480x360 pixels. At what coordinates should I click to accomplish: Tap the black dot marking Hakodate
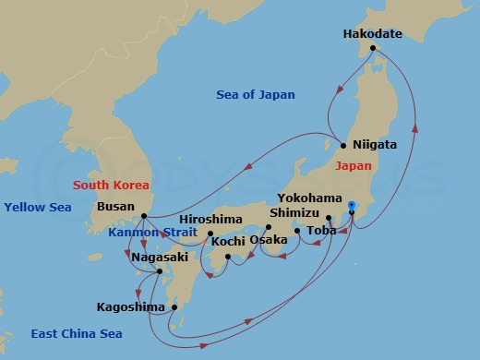coord(373,49)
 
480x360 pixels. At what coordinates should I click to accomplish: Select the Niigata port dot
coord(342,145)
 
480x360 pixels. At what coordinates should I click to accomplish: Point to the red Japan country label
coord(354,166)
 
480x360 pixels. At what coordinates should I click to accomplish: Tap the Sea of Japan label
coord(255,94)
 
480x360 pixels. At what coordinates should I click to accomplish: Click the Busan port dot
coord(143,218)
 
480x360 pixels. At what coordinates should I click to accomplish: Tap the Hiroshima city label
coord(210,219)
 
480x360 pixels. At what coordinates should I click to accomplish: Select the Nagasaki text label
coord(160,258)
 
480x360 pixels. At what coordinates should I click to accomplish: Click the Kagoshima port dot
coord(174,307)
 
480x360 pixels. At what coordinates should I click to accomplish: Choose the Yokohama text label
coord(308,198)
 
